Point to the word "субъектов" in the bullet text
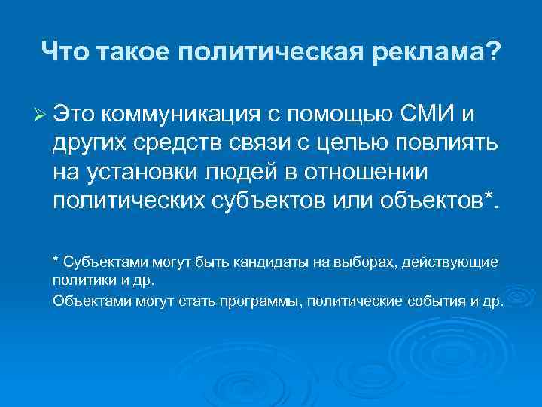[266, 202]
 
